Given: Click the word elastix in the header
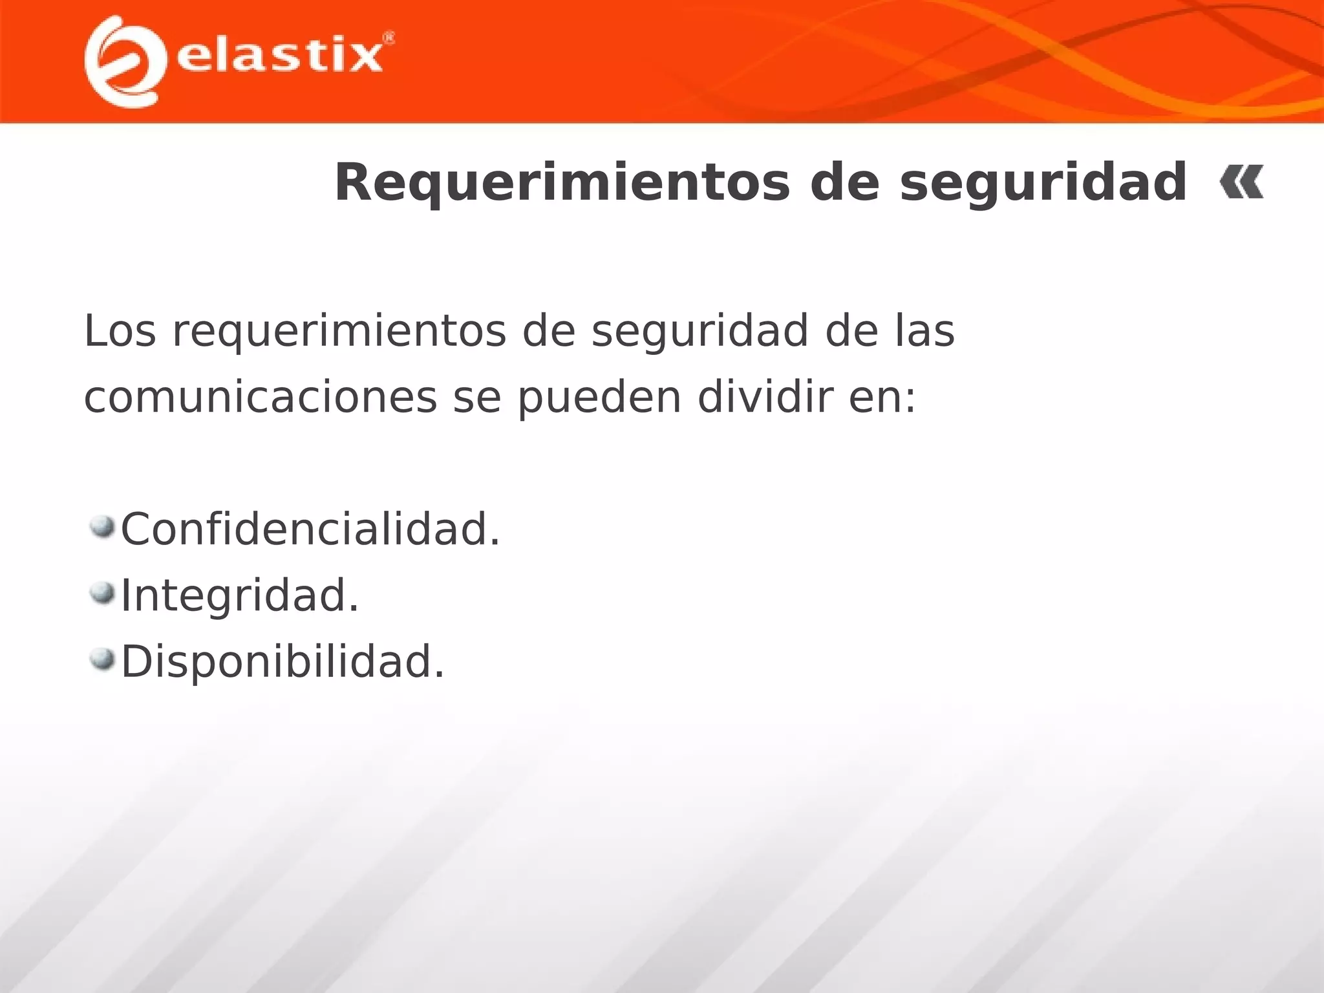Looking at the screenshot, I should click(279, 57).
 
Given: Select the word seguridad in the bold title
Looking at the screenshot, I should click(1043, 183).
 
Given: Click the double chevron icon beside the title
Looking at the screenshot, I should click(1241, 182).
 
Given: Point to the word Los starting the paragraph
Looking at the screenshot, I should click(120, 331).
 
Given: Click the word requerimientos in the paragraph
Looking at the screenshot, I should click(339, 331).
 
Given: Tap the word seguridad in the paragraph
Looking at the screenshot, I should click(699, 331).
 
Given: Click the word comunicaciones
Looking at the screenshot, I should click(261, 397).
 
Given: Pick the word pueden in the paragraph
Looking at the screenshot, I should click(599, 397).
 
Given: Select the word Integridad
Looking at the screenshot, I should click(240, 595).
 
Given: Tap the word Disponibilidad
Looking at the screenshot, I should click(283, 661).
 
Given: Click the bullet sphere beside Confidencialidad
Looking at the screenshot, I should click(102, 526).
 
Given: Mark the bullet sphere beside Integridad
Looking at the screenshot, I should click(102, 593).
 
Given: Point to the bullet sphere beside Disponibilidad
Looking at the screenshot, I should click(102, 659).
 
